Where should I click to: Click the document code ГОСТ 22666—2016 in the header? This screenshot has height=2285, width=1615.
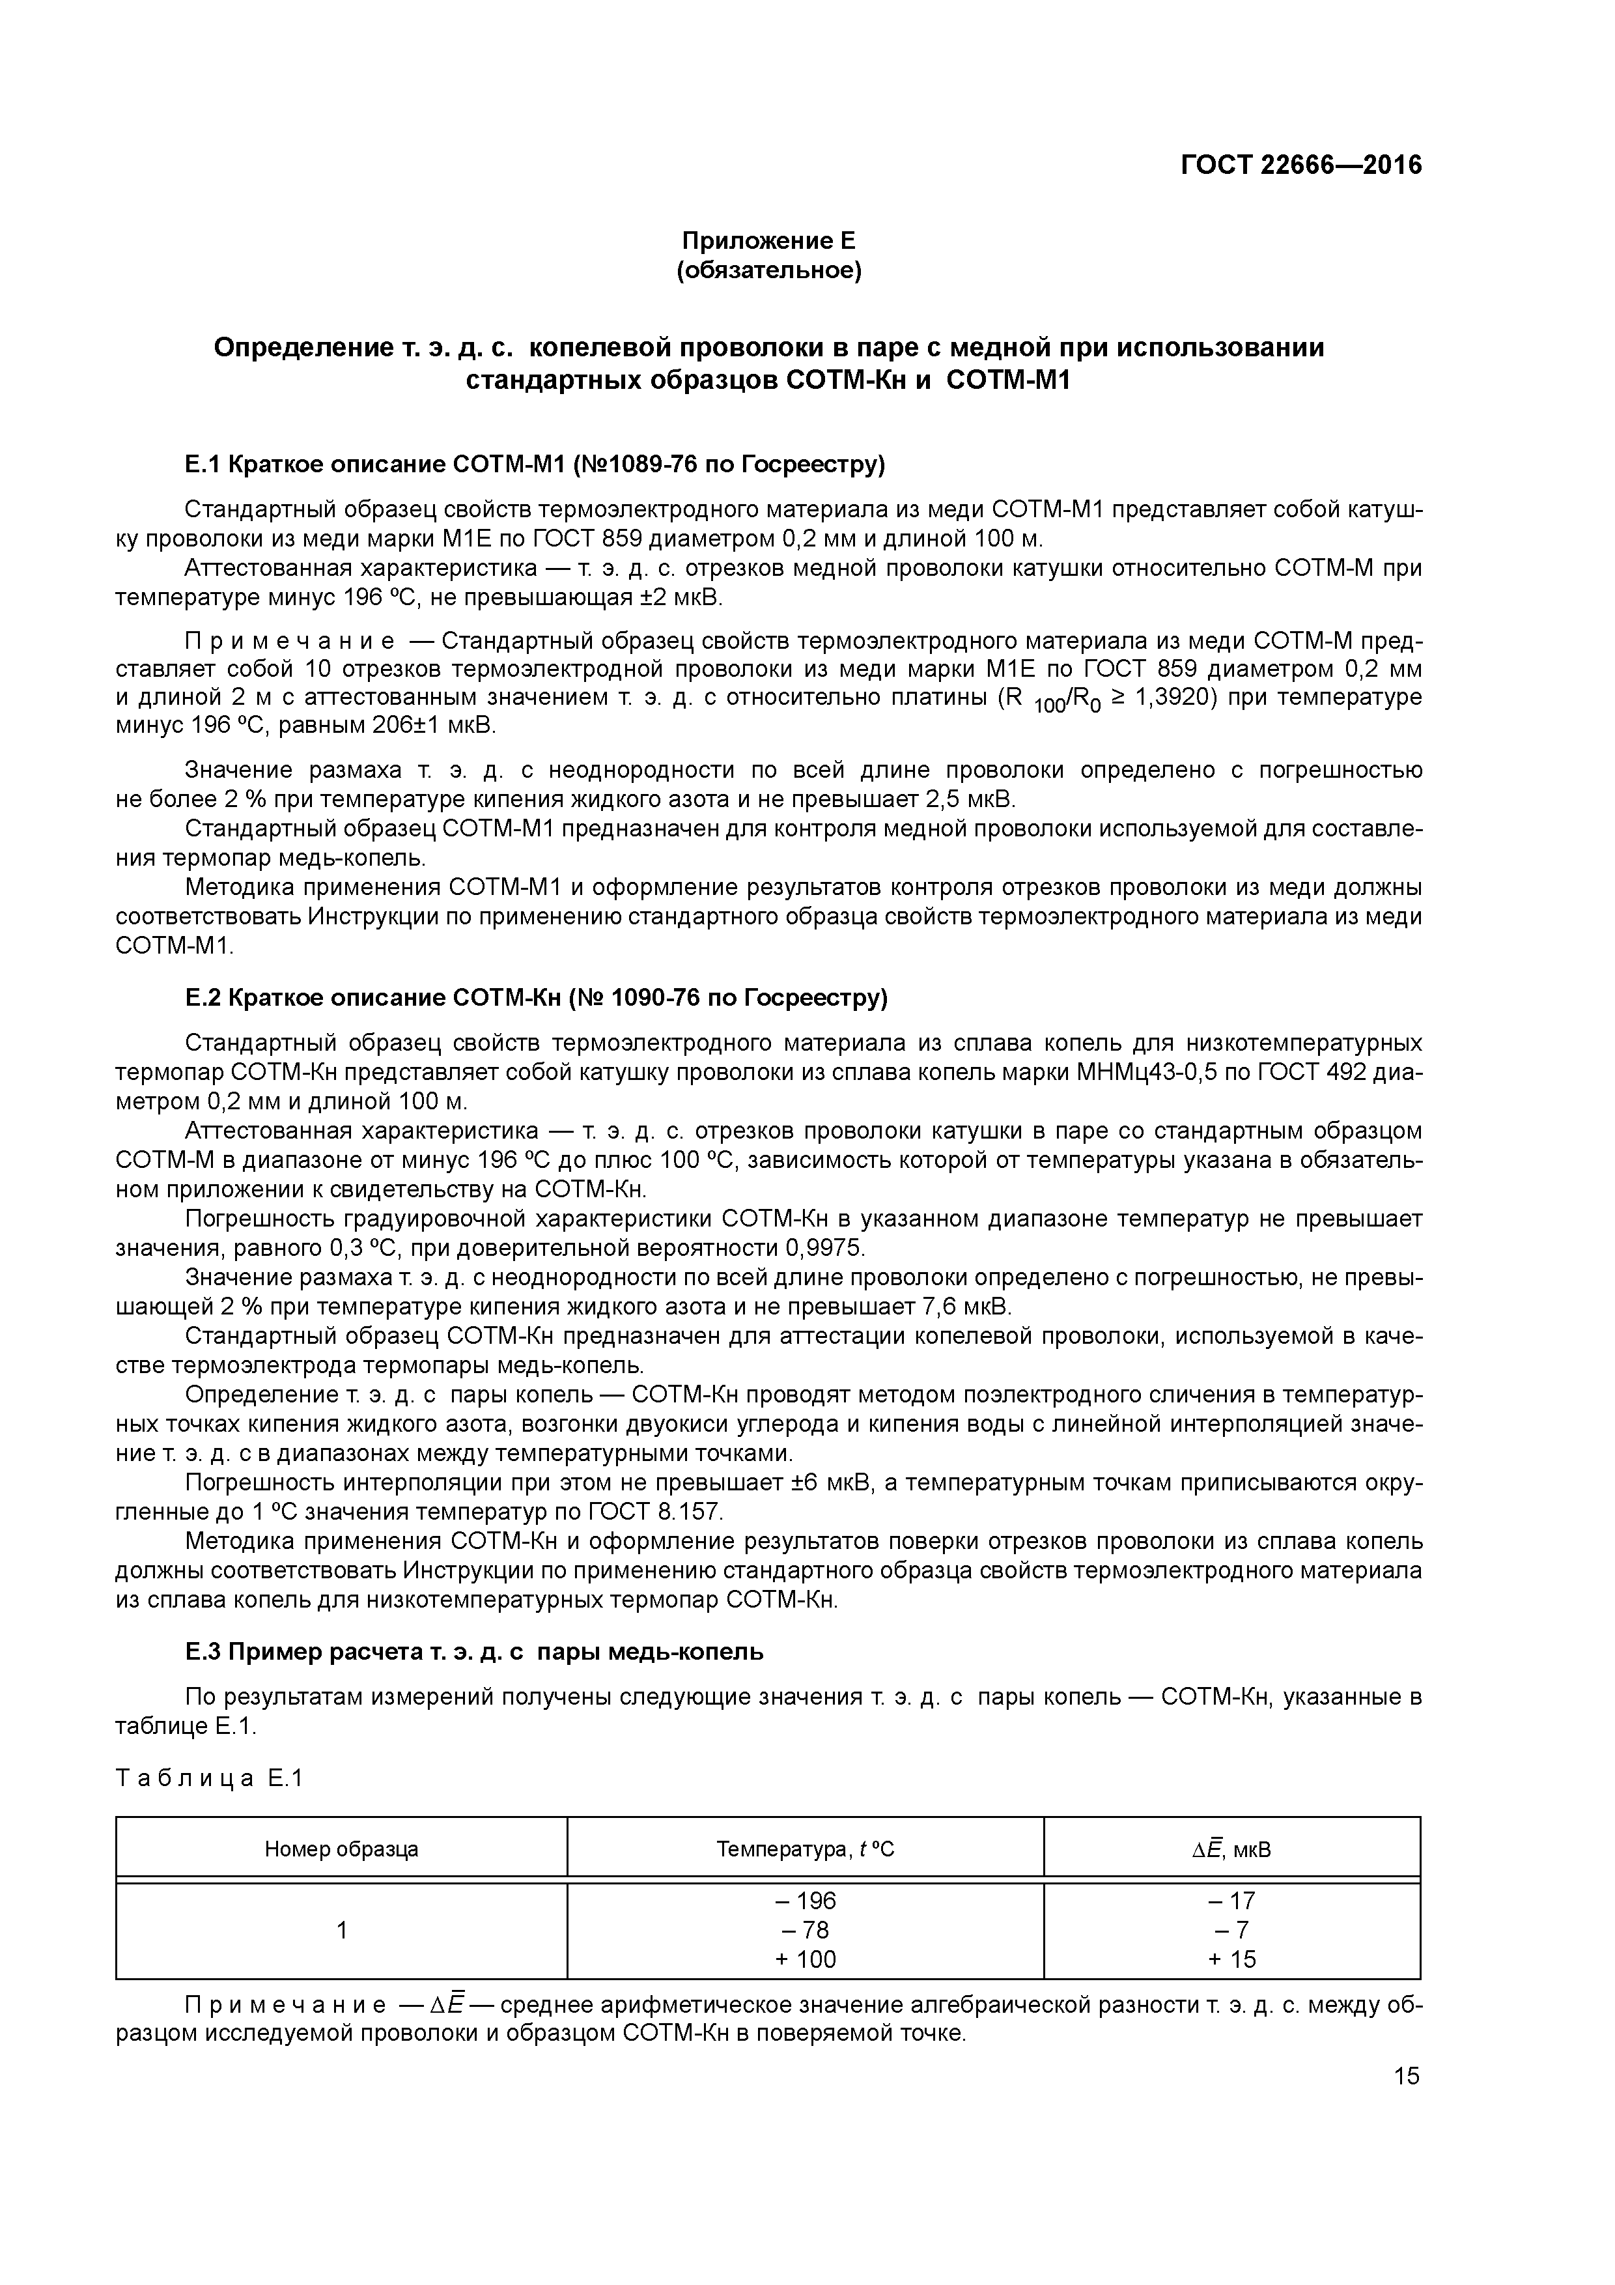click(x=1300, y=165)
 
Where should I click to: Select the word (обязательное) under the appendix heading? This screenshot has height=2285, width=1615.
click(x=768, y=271)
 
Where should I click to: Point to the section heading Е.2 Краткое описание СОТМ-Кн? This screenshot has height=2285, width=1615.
click(x=535, y=997)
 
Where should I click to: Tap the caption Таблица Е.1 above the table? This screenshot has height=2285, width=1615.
click(x=209, y=1778)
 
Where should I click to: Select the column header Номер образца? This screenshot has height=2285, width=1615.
click(x=341, y=1849)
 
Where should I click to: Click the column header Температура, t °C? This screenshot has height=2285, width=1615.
click(x=805, y=1849)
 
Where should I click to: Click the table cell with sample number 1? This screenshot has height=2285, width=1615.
click(x=341, y=1930)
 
